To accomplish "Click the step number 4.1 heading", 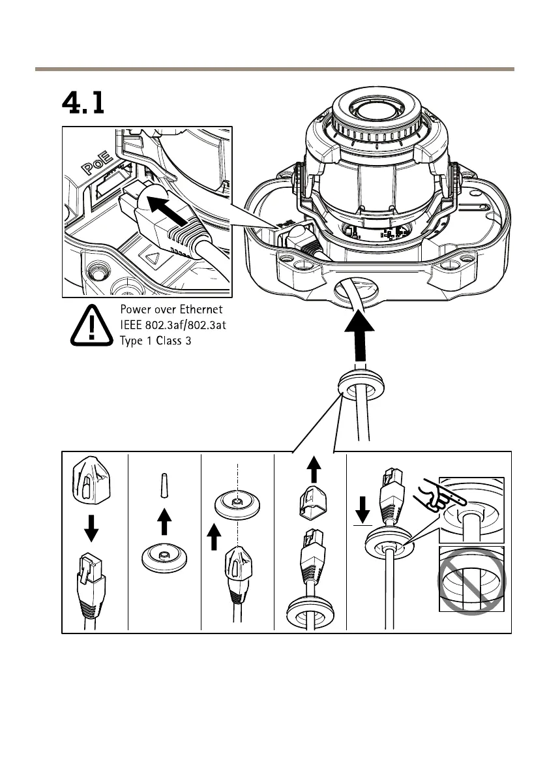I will click(x=83, y=103).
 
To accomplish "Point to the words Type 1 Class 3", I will click(x=155, y=341).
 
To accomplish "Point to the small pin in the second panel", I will click(x=164, y=486).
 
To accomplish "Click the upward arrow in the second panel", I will click(x=165, y=522).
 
